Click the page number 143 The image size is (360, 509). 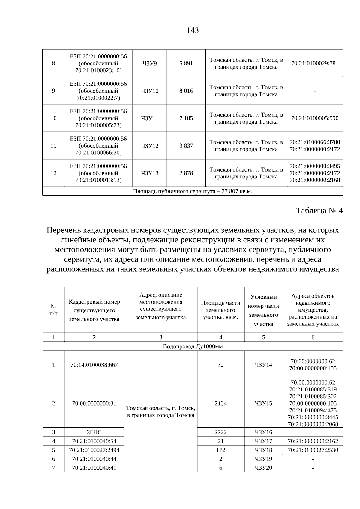tap(193, 30)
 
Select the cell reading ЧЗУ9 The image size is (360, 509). tap(150, 63)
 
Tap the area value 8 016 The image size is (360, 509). tap(186, 91)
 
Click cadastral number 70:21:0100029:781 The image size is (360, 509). tap(315, 63)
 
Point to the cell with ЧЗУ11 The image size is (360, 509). tap(150, 118)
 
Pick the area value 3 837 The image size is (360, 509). tap(186, 146)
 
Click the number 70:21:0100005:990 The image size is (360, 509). tap(315, 118)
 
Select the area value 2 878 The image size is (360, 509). tap(186, 173)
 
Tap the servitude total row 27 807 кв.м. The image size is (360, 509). tap(193, 191)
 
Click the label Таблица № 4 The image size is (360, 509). tap(319, 211)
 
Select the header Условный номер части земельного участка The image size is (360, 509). tap(263, 310)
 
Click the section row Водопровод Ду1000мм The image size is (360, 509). tap(193, 346)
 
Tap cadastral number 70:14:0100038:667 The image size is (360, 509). tap(94, 365)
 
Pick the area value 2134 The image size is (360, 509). tap(220, 403)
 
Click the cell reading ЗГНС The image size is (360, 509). tap(94, 432)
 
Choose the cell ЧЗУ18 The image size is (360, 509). tap(263, 450)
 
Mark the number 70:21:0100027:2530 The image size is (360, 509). tap(313, 450)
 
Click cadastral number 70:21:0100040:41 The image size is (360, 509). tap(94, 468)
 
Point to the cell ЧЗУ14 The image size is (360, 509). tap(263, 365)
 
